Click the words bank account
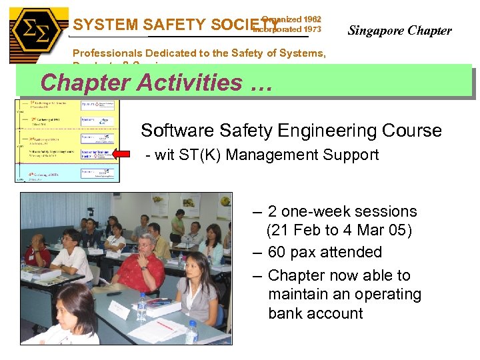315,313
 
